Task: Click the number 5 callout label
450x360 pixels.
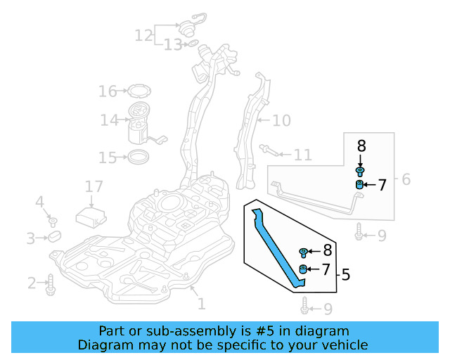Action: pyautogui.click(x=345, y=275)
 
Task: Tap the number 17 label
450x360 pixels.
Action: pyautogui.click(x=94, y=187)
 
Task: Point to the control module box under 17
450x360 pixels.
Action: pyautogui.click(x=91, y=214)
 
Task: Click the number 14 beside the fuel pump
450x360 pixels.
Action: pyautogui.click(x=109, y=121)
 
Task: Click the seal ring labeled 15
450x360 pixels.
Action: pyautogui.click(x=139, y=156)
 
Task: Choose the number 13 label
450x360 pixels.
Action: pyautogui.click(x=173, y=46)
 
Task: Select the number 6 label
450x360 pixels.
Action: pyautogui.click(x=406, y=180)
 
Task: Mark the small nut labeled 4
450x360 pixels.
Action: pyautogui.click(x=52, y=222)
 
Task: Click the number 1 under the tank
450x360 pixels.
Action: pyautogui.click(x=201, y=304)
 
